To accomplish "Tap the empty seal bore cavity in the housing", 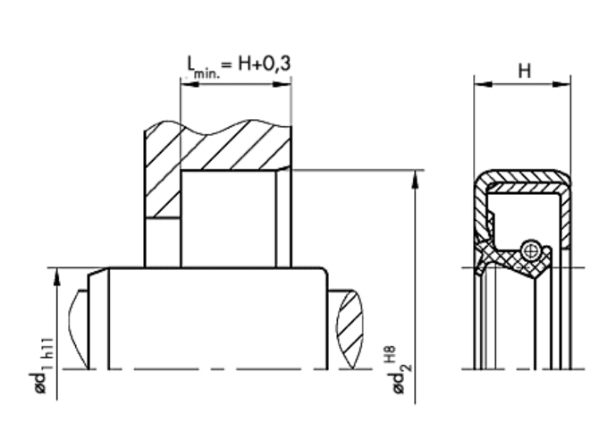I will point(228,219).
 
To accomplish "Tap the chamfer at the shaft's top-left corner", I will point(97,273).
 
